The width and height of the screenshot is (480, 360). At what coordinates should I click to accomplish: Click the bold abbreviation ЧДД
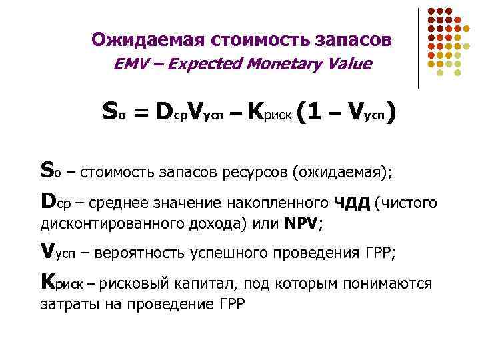pos(353,202)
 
